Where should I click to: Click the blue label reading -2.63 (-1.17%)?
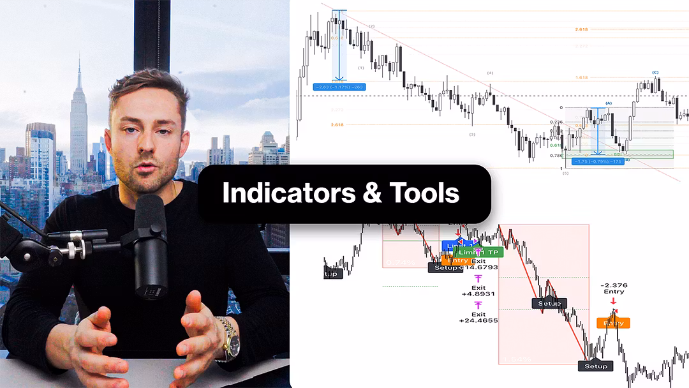pos(339,87)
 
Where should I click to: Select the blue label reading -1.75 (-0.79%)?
pos(595,161)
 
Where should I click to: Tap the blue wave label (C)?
pos(655,73)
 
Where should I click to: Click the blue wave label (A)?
pos(608,103)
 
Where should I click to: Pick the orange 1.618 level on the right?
pos(581,77)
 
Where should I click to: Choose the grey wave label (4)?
pos(490,73)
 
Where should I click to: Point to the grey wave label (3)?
pos(472,135)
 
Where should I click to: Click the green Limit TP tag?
pos(480,252)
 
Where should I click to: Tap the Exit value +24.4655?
pos(478,320)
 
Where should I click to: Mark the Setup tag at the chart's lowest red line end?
pos(595,366)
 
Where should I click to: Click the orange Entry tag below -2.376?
pos(614,323)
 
